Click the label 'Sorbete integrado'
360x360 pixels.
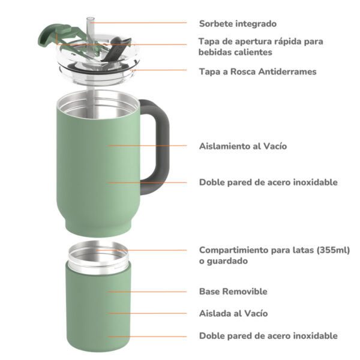(238, 23)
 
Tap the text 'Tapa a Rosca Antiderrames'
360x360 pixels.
(258, 71)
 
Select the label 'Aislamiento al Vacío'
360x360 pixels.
(243, 146)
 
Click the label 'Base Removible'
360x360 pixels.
(233, 292)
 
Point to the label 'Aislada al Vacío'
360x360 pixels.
(233, 313)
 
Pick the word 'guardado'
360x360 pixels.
(227, 261)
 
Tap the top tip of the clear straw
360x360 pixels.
(91, 18)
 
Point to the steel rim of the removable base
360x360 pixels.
(99, 255)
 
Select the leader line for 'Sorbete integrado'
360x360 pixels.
(139, 23)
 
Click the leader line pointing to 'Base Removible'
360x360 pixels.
(147, 292)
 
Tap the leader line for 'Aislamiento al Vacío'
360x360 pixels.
(147, 146)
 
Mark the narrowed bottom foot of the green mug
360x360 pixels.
(99, 226)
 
